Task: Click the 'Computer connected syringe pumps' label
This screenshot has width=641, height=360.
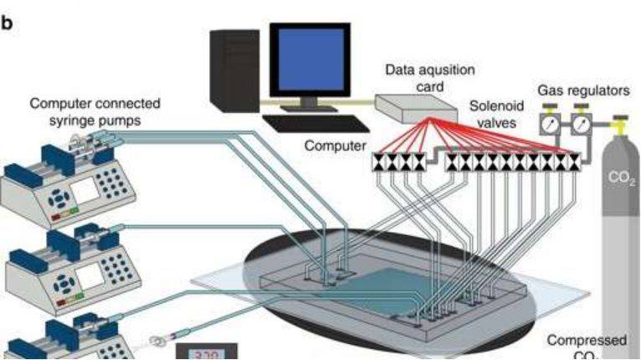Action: coord(95,111)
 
